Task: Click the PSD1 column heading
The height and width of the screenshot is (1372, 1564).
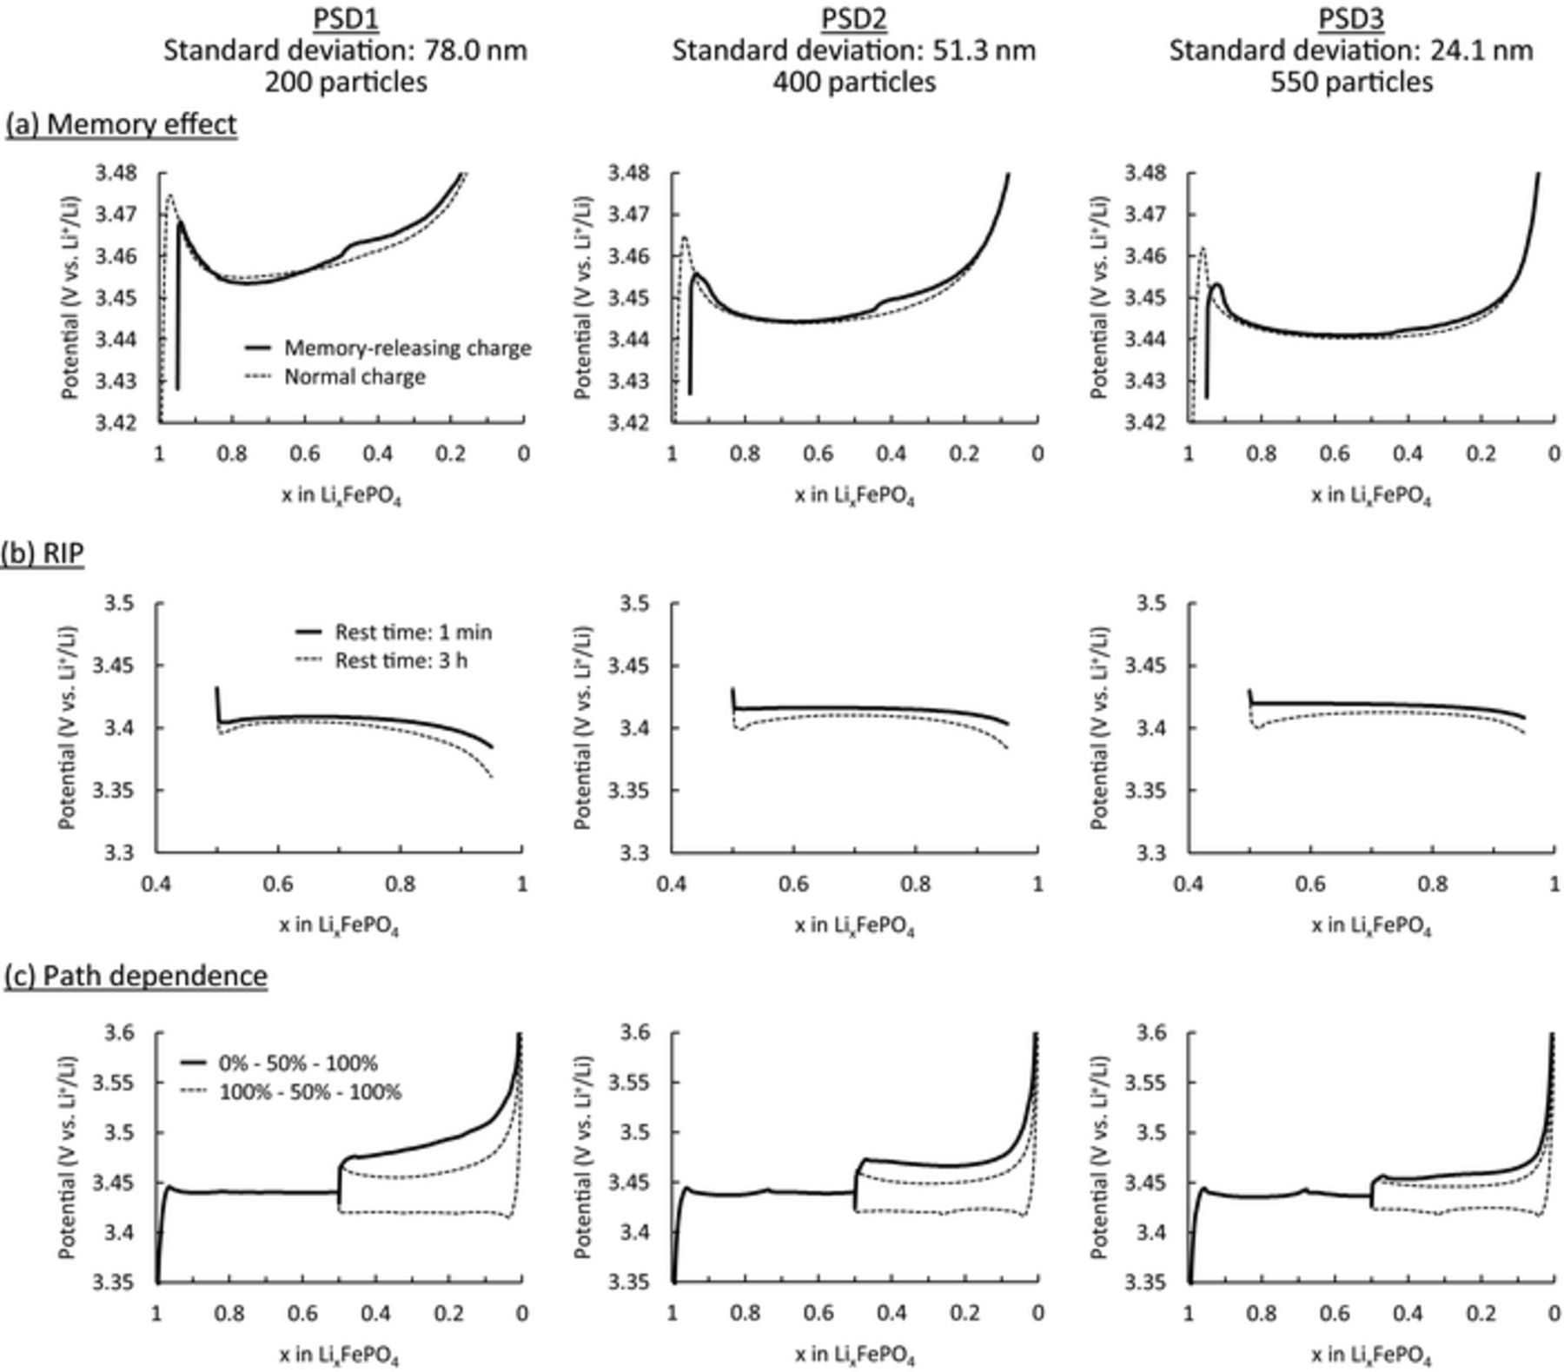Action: click(x=345, y=19)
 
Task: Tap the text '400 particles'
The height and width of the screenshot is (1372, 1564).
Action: click(x=854, y=82)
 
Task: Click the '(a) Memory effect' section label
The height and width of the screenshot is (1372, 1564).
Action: click(x=121, y=124)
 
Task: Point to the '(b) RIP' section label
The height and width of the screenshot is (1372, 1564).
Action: click(x=43, y=553)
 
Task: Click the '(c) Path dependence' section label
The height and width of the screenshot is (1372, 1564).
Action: click(x=136, y=976)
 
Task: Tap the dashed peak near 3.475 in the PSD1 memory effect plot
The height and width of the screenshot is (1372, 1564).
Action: click(x=170, y=196)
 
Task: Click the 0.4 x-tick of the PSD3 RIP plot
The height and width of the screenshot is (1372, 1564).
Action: click(x=1188, y=885)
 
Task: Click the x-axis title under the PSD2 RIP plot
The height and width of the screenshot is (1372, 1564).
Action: click(x=854, y=926)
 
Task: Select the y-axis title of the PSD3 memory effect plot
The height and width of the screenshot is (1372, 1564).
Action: click(x=1098, y=297)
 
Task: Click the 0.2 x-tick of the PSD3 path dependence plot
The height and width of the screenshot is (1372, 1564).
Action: click(x=1481, y=1313)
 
